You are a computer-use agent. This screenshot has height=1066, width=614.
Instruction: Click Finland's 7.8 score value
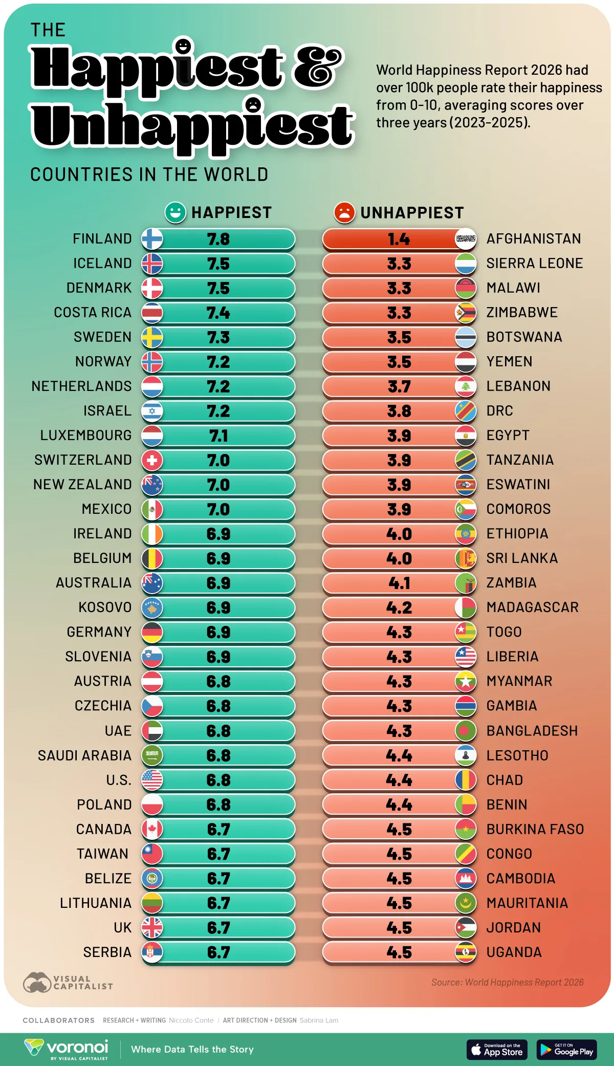click(x=218, y=239)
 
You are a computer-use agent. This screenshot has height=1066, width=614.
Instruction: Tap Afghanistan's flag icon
click(x=465, y=239)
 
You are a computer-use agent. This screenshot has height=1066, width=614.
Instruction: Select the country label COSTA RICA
click(x=93, y=312)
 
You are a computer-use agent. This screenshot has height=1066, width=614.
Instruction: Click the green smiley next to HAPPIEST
click(x=175, y=212)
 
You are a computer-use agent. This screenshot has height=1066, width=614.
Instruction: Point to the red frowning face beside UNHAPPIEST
click(x=344, y=212)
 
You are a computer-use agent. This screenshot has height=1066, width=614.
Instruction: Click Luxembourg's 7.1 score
click(x=218, y=436)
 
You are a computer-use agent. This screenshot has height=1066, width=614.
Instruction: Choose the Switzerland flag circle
click(x=152, y=460)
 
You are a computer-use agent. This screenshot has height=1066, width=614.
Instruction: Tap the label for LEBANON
click(x=518, y=386)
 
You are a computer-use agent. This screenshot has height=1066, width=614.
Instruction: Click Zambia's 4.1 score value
click(x=399, y=583)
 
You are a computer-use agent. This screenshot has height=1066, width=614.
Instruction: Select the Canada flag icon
click(x=152, y=829)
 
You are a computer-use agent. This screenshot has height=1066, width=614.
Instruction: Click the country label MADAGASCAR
click(x=532, y=607)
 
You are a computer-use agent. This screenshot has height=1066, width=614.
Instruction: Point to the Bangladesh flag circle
click(x=465, y=731)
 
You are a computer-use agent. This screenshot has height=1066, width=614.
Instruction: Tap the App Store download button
click(x=497, y=1050)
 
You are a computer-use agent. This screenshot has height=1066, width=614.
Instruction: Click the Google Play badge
click(x=566, y=1050)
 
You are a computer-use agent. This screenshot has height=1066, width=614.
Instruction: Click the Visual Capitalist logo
click(x=68, y=982)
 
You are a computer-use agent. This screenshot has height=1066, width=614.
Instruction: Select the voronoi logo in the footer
click(x=67, y=1049)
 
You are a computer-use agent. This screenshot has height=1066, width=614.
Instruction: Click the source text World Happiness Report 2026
click(x=507, y=982)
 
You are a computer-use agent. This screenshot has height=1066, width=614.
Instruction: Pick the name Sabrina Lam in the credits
click(x=319, y=1020)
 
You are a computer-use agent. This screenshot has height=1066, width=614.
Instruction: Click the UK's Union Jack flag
click(x=152, y=927)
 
